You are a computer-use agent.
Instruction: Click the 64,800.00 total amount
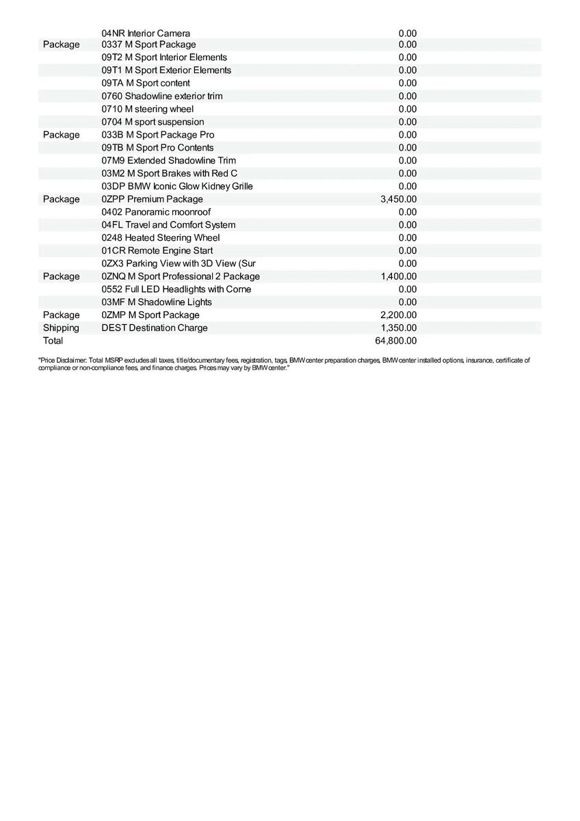coord(398,341)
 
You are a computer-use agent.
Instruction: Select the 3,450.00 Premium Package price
coord(398,199)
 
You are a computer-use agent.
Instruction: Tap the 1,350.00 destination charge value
coord(398,328)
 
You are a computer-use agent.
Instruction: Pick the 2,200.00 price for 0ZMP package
coord(398,315)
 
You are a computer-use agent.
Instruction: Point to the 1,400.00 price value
coord(398,276)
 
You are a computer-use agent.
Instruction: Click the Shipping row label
coord(61,328)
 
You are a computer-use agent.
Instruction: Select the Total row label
coord(53,341)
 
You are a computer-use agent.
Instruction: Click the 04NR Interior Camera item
coord(146,34)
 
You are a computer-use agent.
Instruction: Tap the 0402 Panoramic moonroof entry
coord(156,212)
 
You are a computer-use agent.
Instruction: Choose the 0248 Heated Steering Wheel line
coord(161,237)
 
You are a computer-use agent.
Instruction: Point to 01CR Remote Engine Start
coord(157,250)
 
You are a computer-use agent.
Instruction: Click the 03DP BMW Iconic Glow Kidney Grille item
coord(177,186)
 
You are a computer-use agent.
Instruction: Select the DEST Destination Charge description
coord(155,328)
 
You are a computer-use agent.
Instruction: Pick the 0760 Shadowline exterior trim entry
coord(162,96)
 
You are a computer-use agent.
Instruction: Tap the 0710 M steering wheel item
coord(148,109)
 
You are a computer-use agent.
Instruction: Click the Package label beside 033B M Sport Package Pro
coord(61,135)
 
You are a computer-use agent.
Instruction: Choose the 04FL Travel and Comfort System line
coord(168,225)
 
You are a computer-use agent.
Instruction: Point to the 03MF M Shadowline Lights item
coord(157,302)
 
